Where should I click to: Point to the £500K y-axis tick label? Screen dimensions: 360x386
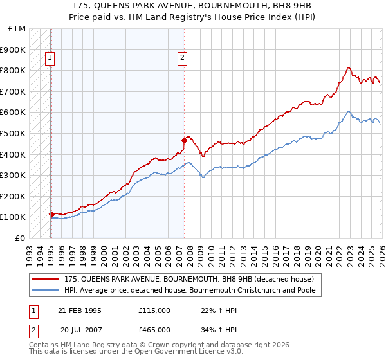coord(14,133)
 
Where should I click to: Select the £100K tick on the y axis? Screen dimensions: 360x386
coord(14,217)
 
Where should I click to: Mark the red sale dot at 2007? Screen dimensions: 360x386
coord(184,140)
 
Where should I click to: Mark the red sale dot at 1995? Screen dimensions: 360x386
coord(51,214)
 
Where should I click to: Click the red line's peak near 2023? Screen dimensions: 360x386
coord(348,67)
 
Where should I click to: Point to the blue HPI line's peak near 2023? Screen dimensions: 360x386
coord(348,111)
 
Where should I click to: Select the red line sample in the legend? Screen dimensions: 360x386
coord(46,280)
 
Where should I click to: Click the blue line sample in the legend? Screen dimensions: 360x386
coord(46,291)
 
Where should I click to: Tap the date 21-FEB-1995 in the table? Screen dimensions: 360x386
coord(80,310)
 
